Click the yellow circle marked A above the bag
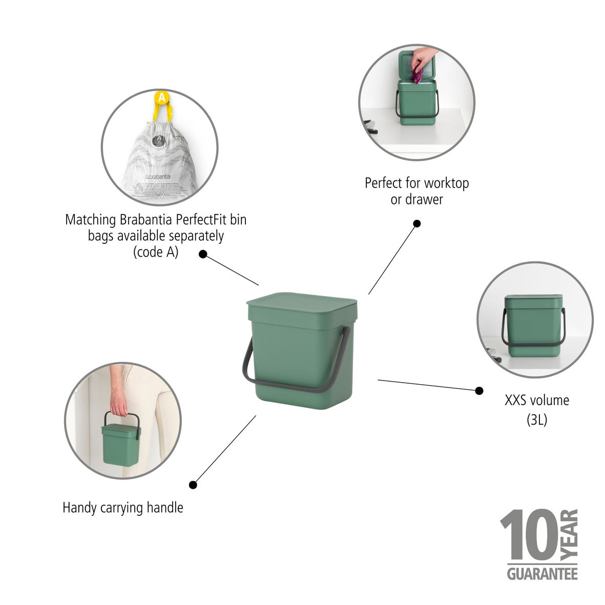click(x=161, y=97)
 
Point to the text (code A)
click(x=156, y=252)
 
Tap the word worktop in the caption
click(x=446, y=183)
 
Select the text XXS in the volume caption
click(x=516, y=400)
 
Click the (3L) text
click(x=537, y=420)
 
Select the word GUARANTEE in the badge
click(x=542, y=573)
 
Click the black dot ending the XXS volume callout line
click(x=479, y=391)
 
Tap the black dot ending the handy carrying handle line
click(x=193, y=485)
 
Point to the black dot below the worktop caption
click(x=417, y=223)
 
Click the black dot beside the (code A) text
click(x=203, y=254)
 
